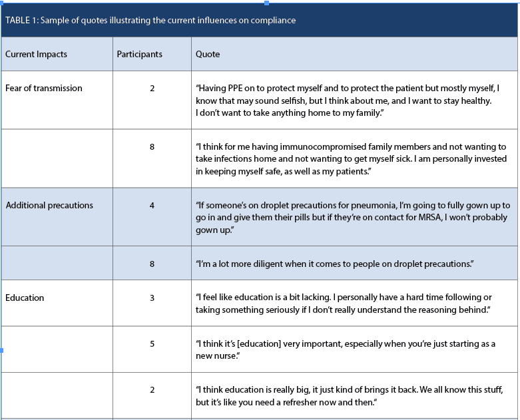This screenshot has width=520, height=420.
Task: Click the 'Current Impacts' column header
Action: pos(36,54)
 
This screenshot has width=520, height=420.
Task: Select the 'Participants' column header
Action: pos(139,54)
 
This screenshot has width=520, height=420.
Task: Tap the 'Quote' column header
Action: pos(207,54)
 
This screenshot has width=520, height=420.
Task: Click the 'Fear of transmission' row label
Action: pos(44,88)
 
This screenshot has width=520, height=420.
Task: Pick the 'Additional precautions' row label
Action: pos(49,205)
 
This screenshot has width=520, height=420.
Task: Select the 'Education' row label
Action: pos(25,298)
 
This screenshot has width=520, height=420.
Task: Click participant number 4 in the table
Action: pos(152,205)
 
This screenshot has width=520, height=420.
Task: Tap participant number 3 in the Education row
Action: pos(152,298)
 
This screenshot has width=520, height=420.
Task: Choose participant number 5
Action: pos(152,343)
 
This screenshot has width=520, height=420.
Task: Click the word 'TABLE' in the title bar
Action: pos(17,20)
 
